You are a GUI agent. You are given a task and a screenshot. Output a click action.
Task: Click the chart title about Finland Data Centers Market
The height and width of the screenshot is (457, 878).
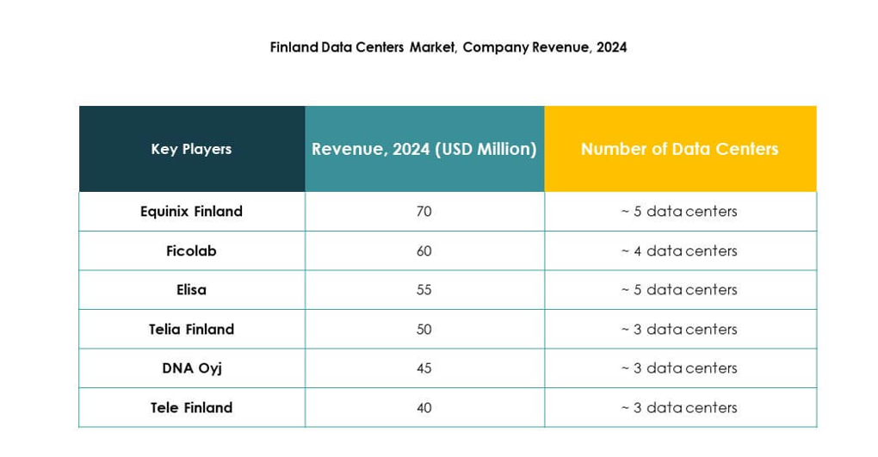tap(448, 47)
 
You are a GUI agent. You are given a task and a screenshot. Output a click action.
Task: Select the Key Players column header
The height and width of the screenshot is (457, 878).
tap(191, 149)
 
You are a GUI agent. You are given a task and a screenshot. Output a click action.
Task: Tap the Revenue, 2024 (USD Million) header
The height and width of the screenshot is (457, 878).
tap(424, 149)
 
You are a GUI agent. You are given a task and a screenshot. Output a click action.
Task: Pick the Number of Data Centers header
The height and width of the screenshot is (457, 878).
tap(679, 149)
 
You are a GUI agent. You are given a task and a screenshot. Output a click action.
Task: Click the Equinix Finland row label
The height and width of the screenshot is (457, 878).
tap(191, 211)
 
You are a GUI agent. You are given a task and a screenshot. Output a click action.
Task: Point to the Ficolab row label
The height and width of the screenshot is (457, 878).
tap(191, 250)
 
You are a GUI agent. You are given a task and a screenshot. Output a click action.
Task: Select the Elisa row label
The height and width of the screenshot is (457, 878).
tap(191, 289)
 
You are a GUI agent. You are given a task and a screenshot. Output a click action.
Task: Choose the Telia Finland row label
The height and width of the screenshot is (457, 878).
tap(191, 329)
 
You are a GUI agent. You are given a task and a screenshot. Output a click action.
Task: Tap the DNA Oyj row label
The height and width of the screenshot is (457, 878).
tap(191, 367)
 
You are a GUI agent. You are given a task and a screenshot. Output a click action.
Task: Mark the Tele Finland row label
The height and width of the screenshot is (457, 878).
tap(191, 407)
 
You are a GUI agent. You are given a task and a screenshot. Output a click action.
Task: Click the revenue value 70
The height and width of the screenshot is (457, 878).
tap(424, 211)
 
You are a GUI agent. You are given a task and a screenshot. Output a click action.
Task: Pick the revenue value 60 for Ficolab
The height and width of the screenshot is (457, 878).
tap(424, 250)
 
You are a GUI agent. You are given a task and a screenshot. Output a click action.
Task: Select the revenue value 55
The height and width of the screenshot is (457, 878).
tap(424, 289)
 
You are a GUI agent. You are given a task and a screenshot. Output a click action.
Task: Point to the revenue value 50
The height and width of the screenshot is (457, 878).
tap(424, 329)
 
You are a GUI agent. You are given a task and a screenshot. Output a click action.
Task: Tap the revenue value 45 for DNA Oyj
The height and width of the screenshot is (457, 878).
tap(424, 367)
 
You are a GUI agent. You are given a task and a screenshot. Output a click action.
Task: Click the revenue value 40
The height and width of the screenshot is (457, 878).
tap(424, 407)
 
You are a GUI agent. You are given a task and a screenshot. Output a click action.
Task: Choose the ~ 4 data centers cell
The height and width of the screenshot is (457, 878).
tap(679, 250)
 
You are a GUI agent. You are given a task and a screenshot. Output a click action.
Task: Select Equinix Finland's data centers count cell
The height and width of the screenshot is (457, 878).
tap(679, 211)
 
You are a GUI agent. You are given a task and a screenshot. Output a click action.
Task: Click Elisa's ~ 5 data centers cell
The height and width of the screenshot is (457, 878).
tap(679, 289)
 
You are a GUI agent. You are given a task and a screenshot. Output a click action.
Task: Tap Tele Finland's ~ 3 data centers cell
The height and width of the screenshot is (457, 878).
tap(679, 407)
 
